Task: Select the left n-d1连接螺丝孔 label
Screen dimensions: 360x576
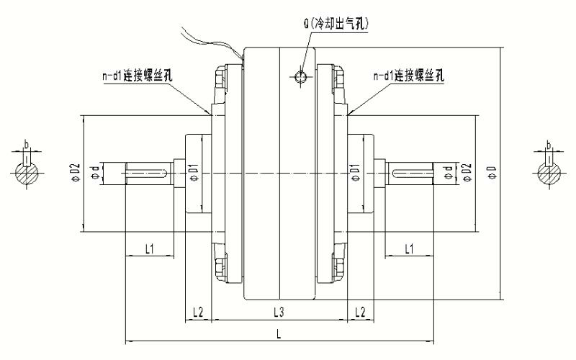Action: click(x=137, y=76)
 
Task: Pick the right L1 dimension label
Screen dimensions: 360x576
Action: click(x=408, y=248)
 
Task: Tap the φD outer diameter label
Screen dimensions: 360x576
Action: click(x=492, y=173)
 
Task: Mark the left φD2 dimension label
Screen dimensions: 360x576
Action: click(x=73, y=173)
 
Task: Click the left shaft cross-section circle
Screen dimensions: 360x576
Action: click(x=27, y=173)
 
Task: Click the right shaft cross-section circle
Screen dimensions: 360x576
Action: click(x=549, y=173)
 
